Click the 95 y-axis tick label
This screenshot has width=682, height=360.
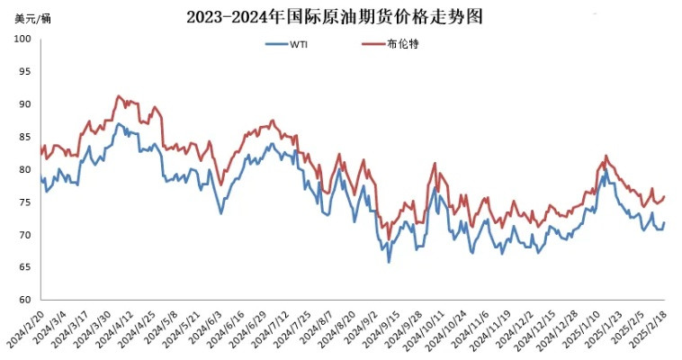pyautogui.click(x=25, y=71)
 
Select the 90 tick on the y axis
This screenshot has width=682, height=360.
pyautogui.click(x=25, y=104)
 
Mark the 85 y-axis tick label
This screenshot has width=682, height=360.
pyautogui.click(x=25, y=137)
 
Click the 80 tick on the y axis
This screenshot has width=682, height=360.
pyautogui.click(x=25, y=169)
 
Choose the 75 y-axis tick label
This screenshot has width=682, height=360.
pyautogui.click(x=25, y=202)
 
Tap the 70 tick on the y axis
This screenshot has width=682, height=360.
pyautogui.click(x=25, y=235)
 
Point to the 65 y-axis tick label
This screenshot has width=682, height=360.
pyautogui.click(x=25, y=267)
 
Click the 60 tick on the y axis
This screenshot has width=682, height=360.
pyautogui.click(x=25, y=301)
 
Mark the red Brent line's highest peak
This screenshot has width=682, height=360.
pyautogui.click(x=118, y=94)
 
